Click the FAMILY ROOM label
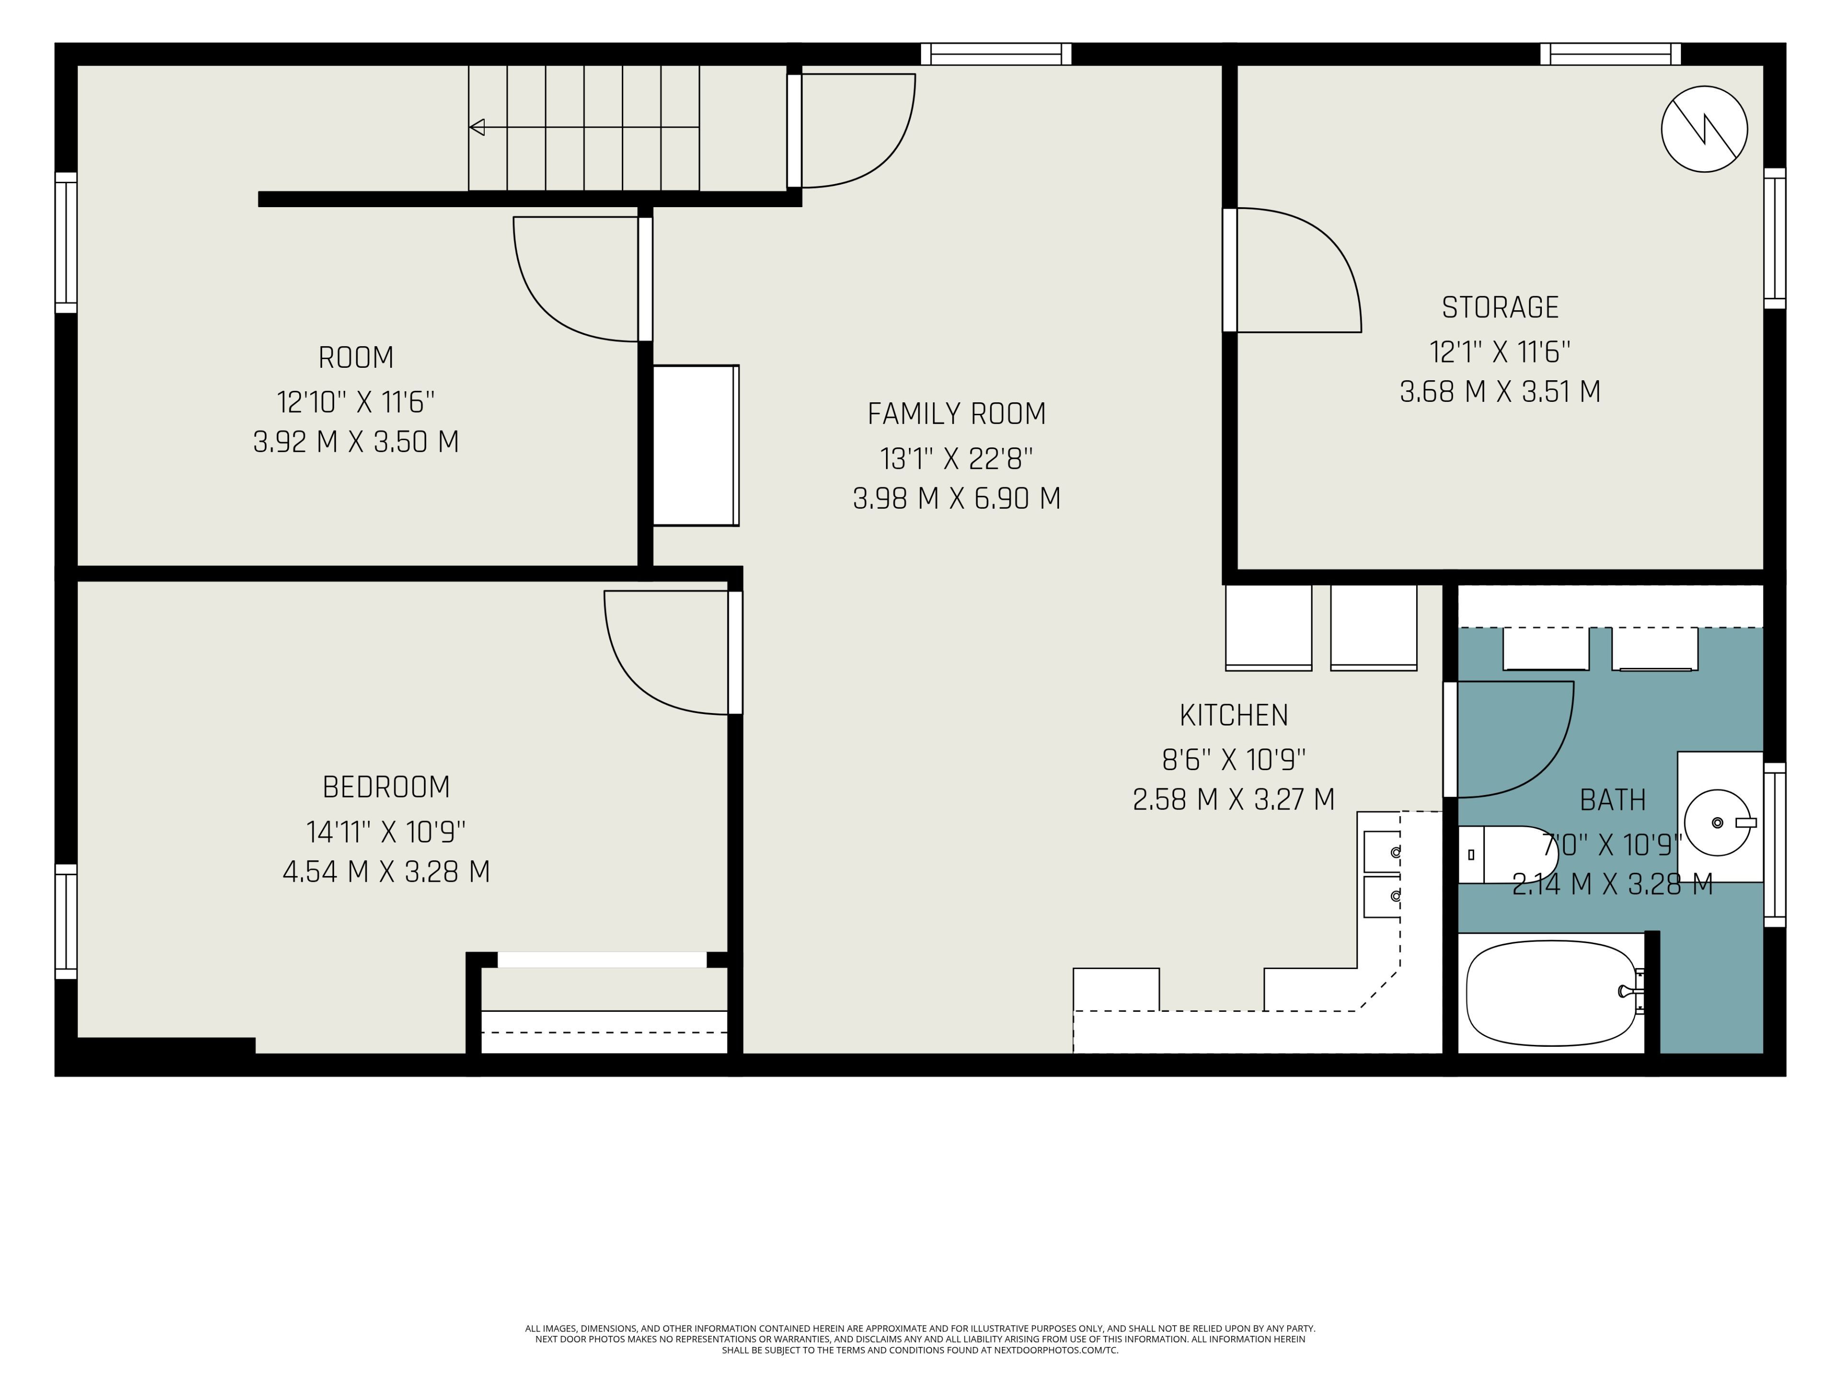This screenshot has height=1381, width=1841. (x=956, y=414)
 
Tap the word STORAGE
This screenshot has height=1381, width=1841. (x=1500, y=308)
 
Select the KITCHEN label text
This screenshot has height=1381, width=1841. (x=1234, y=715)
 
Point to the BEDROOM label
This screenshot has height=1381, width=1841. (x=386, y=787)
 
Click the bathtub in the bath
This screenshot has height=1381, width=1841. (x=1552, y=993)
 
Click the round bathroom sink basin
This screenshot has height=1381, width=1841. (x=1717, y=822)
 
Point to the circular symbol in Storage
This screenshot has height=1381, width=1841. (x=1704, y=129)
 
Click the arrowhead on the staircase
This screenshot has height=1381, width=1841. (x=477, y=128)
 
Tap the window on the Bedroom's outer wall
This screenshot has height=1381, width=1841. (x=66, y=922)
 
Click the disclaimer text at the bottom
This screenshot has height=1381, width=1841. (x=920, y=1339)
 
